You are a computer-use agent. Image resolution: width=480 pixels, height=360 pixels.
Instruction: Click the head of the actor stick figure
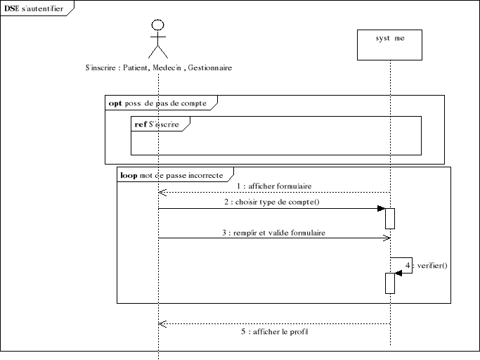158,25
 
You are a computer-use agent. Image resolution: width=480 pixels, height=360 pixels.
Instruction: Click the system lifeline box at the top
389,44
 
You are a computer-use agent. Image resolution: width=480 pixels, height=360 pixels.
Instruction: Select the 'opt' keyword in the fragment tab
115,103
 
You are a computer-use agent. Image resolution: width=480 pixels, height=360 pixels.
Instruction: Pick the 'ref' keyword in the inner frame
141,124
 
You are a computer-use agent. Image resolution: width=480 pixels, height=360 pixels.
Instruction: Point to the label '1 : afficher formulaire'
274,186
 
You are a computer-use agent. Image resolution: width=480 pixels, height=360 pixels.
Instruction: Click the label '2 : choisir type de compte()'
274,202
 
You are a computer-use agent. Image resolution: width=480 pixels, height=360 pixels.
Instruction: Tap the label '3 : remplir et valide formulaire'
274,232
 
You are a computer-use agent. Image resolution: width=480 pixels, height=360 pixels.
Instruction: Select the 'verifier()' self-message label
432,265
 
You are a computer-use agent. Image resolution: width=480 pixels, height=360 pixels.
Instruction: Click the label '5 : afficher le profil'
274,331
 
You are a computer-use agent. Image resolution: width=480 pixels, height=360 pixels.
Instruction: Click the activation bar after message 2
389,218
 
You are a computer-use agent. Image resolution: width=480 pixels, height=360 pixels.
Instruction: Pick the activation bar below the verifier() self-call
389,283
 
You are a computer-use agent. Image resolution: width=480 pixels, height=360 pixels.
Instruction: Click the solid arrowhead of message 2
380,208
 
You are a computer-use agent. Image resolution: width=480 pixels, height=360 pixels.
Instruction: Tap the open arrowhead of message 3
386,238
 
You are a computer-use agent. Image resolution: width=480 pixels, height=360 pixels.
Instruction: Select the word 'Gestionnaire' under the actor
209,68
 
